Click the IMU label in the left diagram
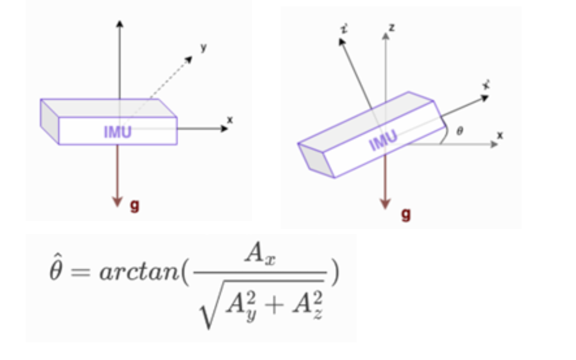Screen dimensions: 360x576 point(118,132)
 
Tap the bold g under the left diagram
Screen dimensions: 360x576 point(134,206)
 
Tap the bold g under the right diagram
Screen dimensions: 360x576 point(406,214)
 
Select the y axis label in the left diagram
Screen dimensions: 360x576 point(204,47)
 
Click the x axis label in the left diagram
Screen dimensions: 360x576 point(230,120)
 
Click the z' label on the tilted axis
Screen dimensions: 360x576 point(344,29)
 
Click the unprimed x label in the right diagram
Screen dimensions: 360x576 point(500,135)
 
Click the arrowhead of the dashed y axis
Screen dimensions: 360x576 point(189,59)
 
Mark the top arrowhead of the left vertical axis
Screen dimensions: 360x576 point(120,23)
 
